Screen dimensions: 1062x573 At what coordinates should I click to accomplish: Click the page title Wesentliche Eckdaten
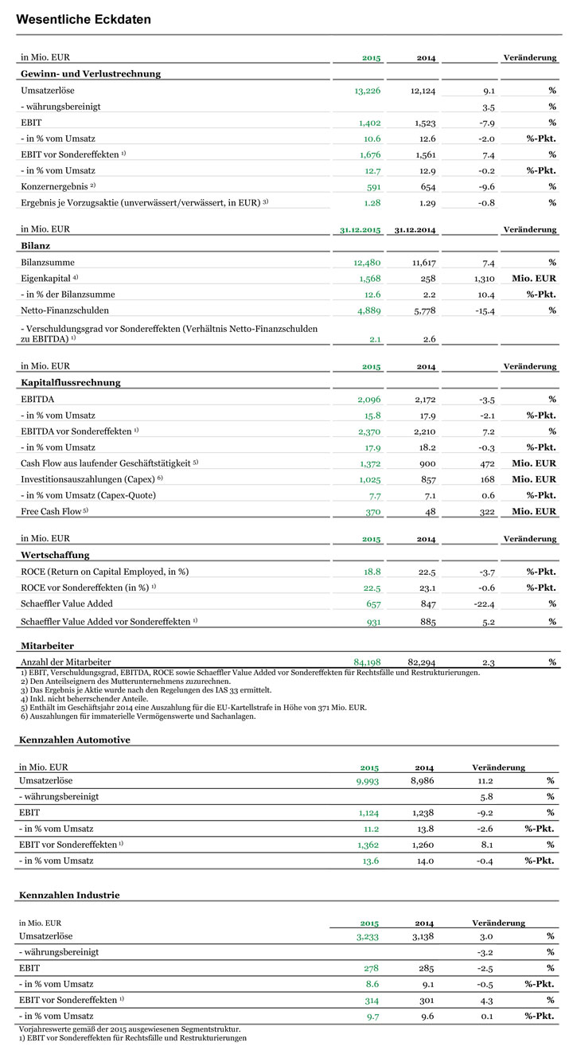(x=84, y=19)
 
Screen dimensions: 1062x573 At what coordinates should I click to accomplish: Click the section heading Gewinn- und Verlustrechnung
(x=91, y=74)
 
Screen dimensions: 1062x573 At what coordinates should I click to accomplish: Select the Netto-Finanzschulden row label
(x=64, y=310)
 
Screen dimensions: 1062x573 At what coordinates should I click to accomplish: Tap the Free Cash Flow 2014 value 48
(x=429, y=511)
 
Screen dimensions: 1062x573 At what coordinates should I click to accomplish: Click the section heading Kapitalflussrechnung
(x=71, y=383)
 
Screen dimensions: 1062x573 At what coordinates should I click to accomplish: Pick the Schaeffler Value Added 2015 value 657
(x=373, y=604)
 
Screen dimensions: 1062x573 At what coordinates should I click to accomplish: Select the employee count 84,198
(x=368, y=662)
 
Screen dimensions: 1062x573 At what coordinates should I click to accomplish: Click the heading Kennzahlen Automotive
(x=74, y=740)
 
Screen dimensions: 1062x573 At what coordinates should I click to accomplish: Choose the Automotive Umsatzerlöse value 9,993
(x=365, y=781)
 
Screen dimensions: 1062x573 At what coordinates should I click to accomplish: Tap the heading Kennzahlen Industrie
(x=69, y=895)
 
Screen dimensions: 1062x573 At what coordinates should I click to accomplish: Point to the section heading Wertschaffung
(x=56, y=555)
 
